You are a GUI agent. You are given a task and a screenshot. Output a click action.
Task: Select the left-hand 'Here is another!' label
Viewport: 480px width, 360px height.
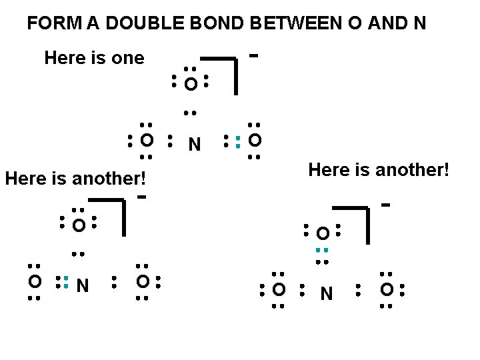point(75,179)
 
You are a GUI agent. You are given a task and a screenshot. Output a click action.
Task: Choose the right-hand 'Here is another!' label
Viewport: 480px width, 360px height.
point(379,170)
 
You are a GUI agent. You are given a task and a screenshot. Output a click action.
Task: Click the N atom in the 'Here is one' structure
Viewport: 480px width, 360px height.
point(194,144)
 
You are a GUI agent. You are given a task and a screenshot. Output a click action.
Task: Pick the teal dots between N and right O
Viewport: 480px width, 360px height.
point(238,141)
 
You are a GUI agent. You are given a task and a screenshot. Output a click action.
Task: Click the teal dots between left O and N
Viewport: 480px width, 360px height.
point(66,282)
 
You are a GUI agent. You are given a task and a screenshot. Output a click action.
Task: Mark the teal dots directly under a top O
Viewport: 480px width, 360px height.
point(322,251)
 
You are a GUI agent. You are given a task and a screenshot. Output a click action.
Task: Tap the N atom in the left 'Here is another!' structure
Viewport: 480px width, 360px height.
point(83,287)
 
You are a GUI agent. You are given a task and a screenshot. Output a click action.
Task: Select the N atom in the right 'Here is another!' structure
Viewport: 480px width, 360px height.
point(327,293)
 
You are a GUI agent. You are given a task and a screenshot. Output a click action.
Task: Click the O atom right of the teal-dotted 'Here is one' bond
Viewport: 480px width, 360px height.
point(255,141)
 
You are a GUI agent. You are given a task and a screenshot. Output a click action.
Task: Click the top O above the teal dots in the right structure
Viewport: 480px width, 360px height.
point(323,234)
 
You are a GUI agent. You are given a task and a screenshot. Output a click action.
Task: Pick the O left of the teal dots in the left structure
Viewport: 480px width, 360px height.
point(34,282)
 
